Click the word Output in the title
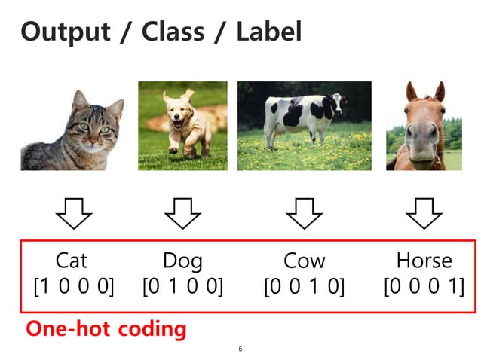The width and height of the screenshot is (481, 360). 66,32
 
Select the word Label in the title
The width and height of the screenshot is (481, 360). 268,32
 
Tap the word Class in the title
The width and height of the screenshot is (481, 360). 184,32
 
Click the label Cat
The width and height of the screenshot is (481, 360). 72,261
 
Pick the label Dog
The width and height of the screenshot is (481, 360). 182,261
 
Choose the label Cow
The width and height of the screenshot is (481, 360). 304,261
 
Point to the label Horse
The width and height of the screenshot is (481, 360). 424,261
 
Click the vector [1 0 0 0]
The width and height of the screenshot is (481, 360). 73,286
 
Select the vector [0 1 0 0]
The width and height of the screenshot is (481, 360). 182,286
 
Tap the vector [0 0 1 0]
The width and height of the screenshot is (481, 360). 304,286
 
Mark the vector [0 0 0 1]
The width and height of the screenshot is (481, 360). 424,286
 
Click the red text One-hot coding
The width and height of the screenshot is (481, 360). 106,328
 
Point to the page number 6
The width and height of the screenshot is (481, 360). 240,349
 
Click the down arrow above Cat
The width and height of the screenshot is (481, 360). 73,213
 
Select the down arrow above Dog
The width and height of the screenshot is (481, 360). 182,213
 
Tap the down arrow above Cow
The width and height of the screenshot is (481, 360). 304,213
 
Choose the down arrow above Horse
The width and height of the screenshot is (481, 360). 424,213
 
